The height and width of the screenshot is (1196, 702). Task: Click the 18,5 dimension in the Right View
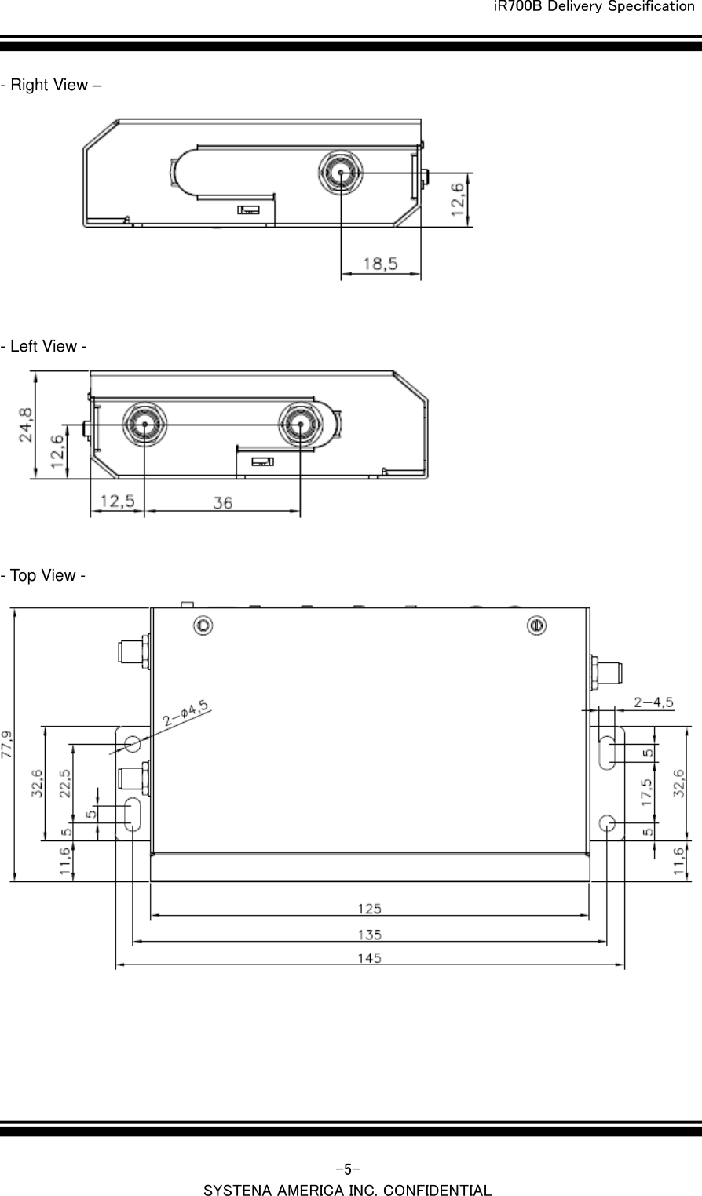pos(380,264)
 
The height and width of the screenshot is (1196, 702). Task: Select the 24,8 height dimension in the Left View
pos(26,425)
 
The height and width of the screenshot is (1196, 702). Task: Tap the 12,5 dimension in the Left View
pos(116,501)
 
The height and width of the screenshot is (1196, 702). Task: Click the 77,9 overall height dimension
pos(8,744)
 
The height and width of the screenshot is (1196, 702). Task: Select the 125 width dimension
pos(370,908)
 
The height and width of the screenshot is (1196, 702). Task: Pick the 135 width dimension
pos(370,934)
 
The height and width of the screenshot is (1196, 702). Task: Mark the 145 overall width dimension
pos(370,957)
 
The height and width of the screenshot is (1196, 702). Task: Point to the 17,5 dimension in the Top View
pos(646,792)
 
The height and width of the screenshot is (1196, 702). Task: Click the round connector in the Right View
pos(341,172)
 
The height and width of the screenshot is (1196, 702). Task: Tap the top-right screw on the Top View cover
pos(536,625)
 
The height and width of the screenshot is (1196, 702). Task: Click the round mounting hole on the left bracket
pos(133,743)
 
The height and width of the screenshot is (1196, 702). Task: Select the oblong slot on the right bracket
pos(608,753)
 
